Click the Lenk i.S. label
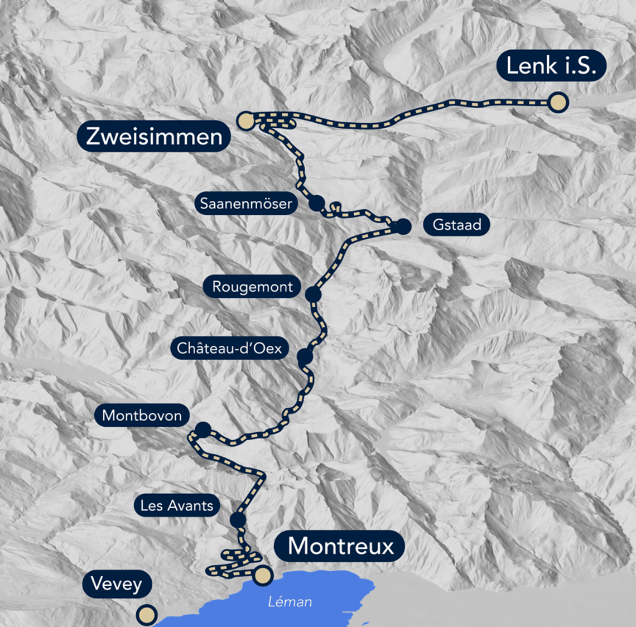point(551,66)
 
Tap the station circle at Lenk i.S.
point(558,103)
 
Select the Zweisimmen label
point(154,136)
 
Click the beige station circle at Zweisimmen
point(245,120)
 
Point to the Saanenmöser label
point(246,203)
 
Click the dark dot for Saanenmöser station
point(316,203)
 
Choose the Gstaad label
point(456,225)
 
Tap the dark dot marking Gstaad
point(403,226)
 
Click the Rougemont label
point(252,287)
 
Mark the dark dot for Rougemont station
point(313,294)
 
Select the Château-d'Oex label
point(229,348)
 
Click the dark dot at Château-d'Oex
point(305,356)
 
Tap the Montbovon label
point(142,416)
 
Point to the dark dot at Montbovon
point(203,430)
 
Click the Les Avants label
point(176,506)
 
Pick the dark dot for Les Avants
point(238,520)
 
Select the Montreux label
point(340,546)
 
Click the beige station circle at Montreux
point(263,575)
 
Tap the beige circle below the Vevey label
point(147,615)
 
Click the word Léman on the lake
point(290,601)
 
